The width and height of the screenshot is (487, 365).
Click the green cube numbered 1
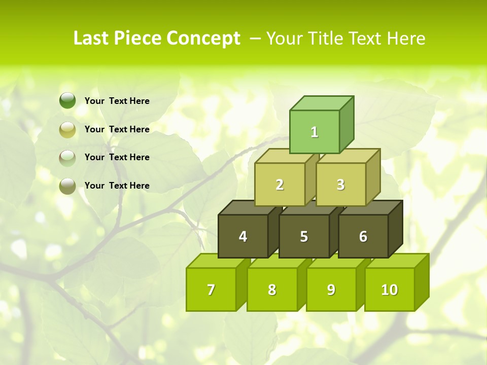(315, 132)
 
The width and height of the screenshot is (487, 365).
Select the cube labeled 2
(280, 185)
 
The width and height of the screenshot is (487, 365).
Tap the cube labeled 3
(340, 185)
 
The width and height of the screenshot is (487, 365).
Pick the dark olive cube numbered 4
(243, 236)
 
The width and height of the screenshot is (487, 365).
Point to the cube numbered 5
(304, 236)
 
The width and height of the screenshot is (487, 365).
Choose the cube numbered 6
(363, 236)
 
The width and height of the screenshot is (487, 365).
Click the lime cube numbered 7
(211, 289)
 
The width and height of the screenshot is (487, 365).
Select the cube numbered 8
(272, 289)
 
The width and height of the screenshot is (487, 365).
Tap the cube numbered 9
(331, 289)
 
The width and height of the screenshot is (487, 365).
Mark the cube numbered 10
(389, 289)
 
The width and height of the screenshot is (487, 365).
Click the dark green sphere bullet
(67, 101)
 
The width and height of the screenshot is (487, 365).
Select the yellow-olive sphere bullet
(67, 129)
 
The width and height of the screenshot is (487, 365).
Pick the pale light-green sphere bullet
(67, 158)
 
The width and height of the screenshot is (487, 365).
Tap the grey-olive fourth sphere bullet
(67, 186)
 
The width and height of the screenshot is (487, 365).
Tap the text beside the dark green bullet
(117, 101)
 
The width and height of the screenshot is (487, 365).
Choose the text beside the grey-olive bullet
(117, 186)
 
